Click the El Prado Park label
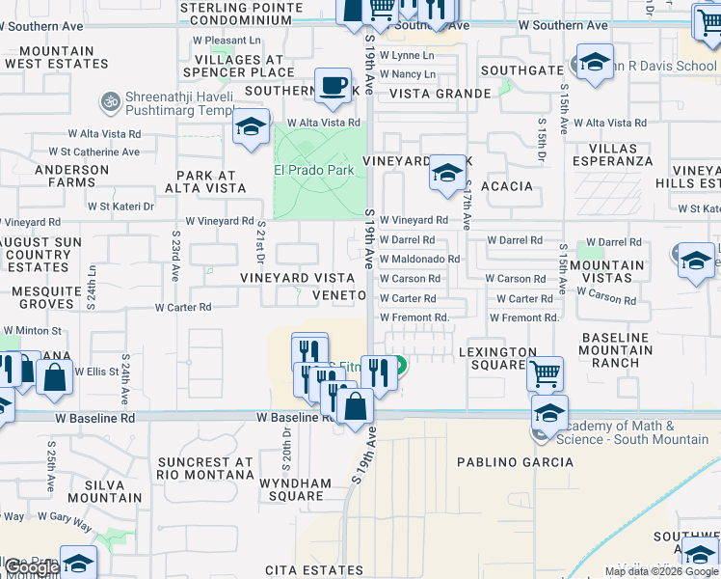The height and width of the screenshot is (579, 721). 314,170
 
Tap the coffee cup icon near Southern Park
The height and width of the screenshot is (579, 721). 334,86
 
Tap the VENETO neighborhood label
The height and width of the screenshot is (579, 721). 338,295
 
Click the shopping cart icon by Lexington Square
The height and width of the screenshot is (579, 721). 546,372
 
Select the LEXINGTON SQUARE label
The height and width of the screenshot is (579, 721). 497,358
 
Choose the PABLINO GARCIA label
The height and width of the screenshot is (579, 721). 501,462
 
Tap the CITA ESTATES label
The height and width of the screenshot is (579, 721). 314,571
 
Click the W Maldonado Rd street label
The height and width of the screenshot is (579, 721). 419,259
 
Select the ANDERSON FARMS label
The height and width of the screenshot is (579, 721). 72,176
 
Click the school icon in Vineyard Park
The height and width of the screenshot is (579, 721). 446,173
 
